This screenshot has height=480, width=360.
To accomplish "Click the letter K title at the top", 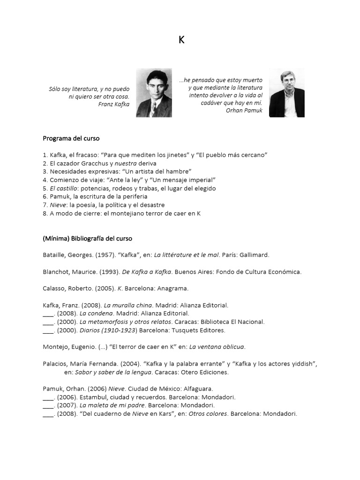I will click(181, 40).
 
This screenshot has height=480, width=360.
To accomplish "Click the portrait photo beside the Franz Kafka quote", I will click(154, 93).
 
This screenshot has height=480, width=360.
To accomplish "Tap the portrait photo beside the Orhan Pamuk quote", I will click(286, 93).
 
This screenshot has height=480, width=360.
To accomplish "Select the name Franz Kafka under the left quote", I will click(114, 104).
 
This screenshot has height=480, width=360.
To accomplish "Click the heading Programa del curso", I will click(71, 138).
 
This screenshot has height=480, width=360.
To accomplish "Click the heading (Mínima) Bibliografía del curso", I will click(88, 239).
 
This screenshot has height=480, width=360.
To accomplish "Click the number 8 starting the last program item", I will click(45, 214).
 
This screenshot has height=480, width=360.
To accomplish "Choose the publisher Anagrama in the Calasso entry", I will click(173, 289).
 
